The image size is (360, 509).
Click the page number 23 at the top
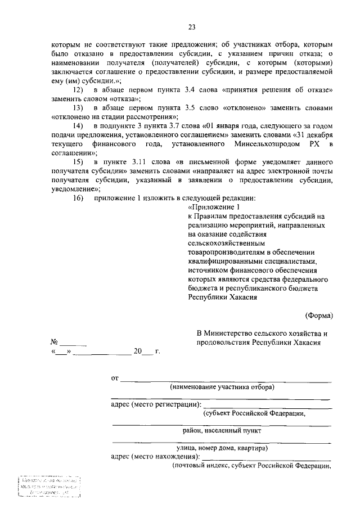pyautogui.click(x=192, y=26)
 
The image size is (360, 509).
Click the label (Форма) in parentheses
pyautogui.click(x=319, y=316)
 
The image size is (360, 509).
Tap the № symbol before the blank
pyautogui.click(x=55, y=342)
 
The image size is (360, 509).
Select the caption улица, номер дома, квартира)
pyautogui.click(x=222, y=448)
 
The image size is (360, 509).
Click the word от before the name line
pyautogui.click(x=115, y=378)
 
